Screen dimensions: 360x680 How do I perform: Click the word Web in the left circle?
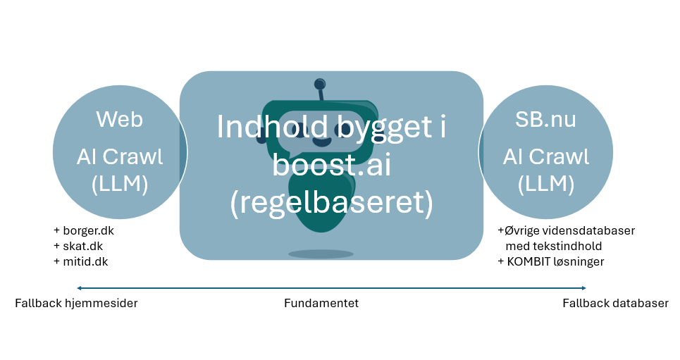click(x=120, y=119)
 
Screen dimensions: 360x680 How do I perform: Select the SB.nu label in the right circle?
click(x=545, y=119)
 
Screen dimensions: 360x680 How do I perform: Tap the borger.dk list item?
click(x=87, y=230)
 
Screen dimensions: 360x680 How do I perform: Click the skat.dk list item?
click(x=82, y=246)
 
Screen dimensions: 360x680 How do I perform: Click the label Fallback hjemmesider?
click(x=76, y=304)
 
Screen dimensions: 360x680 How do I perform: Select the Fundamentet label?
click(x=321, y=304)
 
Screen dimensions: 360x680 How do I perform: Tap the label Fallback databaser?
click(x=615, y=304)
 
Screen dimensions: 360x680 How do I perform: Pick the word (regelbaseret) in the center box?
click(x=331, y=203)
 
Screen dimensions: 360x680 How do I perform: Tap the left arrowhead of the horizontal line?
click(x=80, y=287)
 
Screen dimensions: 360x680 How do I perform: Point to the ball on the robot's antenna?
click(x=320, y=83)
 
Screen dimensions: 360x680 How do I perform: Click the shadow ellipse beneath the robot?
click(x=321, y=254)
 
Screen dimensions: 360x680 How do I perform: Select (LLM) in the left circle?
click(x=120, y=185)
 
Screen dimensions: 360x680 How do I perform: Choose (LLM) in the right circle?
click(x=545, y=185)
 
